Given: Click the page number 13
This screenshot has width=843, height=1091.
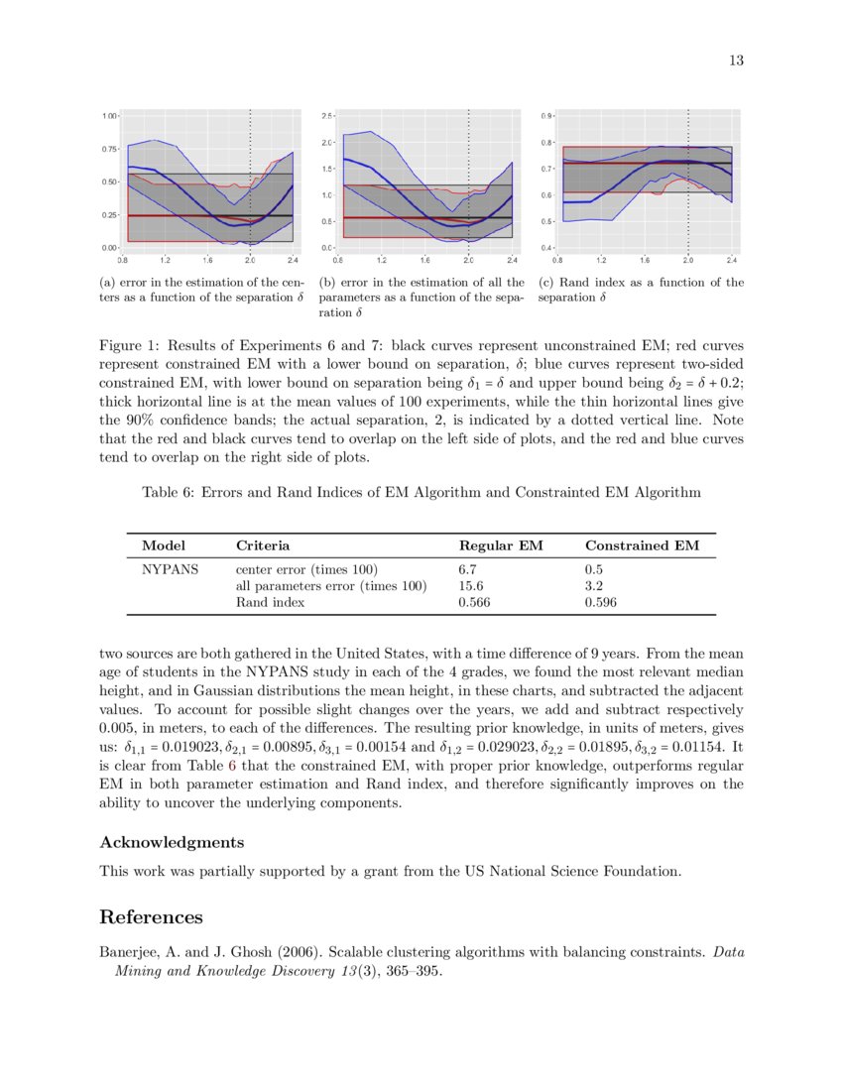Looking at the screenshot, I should tap(736, 61).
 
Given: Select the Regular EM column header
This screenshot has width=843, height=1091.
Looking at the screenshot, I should tap(501, 545).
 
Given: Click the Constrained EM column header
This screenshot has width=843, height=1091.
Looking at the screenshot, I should tap(642, 545).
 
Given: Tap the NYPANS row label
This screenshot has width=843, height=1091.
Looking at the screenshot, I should tap(170, 570).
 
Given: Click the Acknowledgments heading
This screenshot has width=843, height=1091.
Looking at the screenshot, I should tap(172, 842).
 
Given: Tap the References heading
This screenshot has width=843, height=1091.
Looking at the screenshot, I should tap(151, 916).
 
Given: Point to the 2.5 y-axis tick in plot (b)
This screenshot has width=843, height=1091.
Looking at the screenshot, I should tap(328, 116).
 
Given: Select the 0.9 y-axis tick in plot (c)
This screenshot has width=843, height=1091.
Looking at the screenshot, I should tap(546, 116).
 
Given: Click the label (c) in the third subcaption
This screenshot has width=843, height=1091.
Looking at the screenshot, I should tap(546, 282).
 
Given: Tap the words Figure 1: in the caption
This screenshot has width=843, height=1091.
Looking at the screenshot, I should tap(130, 347).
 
